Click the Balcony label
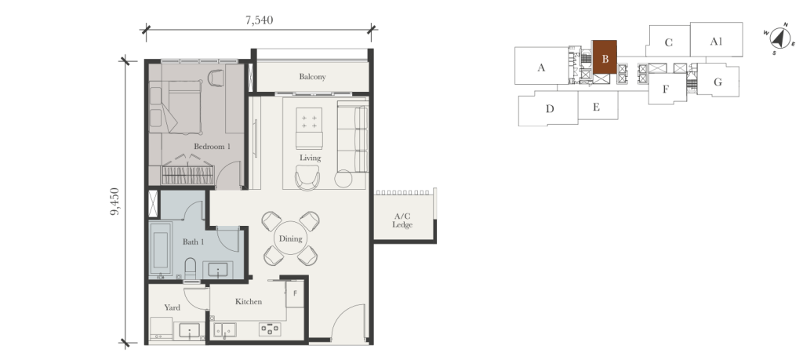312,77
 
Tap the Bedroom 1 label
213,147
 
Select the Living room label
310,158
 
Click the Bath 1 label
193,242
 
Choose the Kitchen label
248,301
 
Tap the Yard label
172,307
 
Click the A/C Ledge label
402,220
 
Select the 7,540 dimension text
259,20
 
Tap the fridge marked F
295,293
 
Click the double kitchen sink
224,330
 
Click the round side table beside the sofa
343,180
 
